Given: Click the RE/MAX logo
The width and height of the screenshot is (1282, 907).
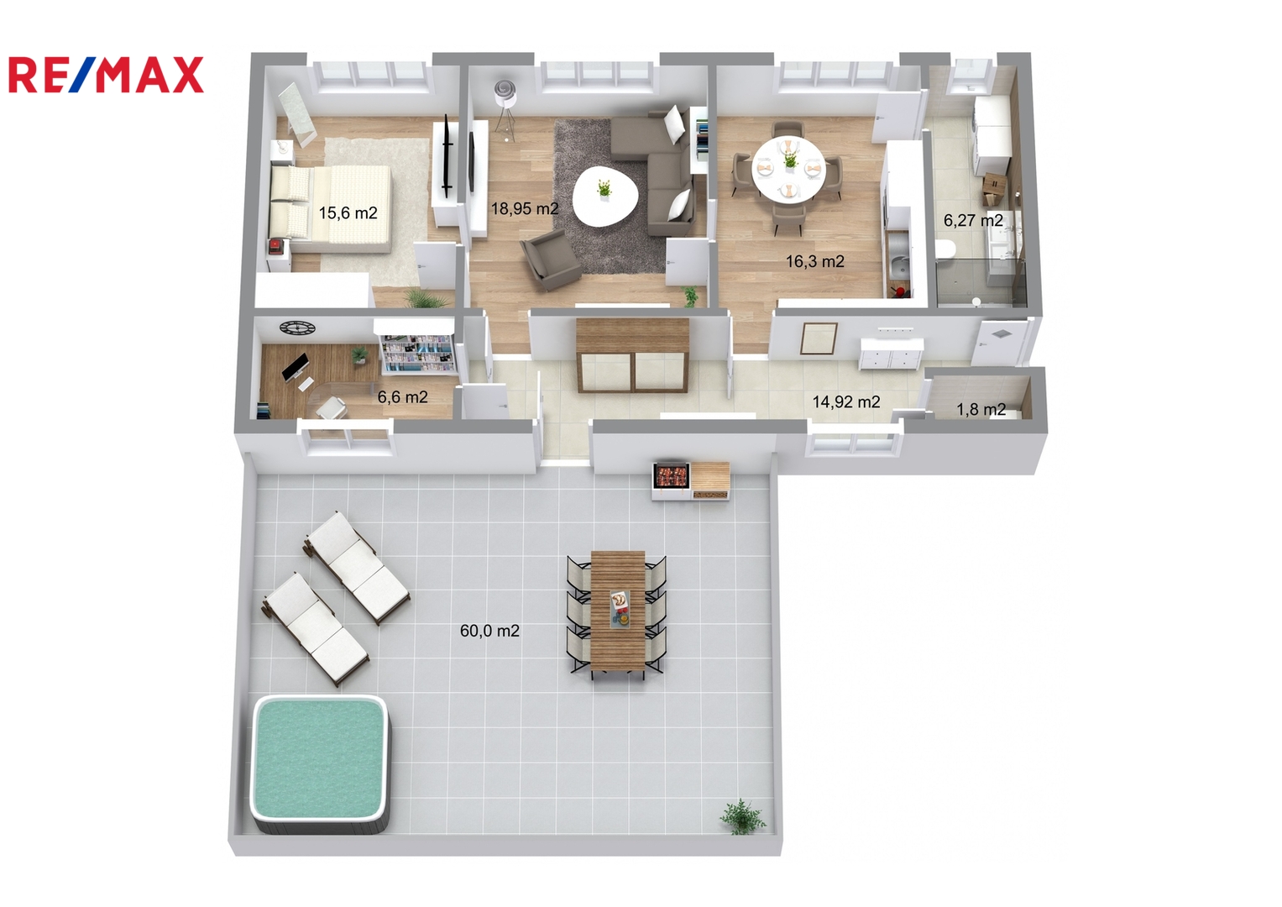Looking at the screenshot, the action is [106, 75].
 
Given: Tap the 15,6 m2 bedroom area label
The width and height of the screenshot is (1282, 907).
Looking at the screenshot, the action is [348, 213].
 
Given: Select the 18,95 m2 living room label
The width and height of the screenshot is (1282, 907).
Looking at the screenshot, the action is [524, 208].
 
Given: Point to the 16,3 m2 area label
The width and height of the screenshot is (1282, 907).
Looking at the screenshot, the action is [815, 262].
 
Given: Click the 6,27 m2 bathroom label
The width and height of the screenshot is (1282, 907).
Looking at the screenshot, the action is [973, 220].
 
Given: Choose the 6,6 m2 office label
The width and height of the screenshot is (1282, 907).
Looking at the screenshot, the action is [402, 396].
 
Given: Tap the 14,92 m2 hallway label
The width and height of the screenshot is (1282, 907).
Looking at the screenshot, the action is [846, 402].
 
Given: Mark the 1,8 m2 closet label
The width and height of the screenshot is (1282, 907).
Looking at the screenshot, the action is [981, 410].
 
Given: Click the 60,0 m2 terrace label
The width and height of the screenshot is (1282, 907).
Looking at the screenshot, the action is [490, 631].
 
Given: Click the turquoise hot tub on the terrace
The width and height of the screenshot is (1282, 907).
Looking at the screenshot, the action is [320, 763].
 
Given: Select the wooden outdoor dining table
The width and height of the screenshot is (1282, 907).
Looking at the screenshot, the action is [618, 611].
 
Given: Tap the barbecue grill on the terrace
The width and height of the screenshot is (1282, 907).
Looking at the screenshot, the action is [672, 475].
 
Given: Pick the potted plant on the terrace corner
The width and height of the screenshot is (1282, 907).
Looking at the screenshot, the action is [743, 816].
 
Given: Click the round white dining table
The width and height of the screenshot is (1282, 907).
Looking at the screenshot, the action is [788, 168].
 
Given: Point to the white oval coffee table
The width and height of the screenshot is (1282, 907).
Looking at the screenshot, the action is [605, 195].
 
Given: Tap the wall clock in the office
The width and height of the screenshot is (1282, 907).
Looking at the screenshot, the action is [297, 328].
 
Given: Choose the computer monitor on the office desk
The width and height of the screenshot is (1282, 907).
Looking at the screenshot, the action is [296, 366].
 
